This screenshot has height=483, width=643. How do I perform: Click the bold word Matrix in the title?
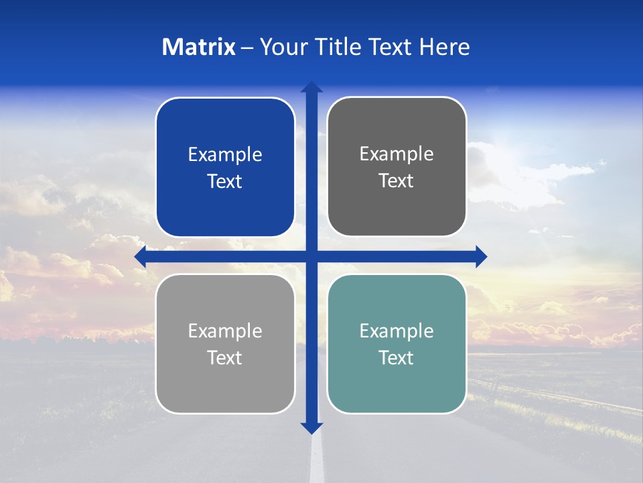pos(199,47)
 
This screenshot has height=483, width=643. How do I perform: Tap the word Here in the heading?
pos(445,47)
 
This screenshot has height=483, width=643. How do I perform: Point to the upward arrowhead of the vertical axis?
pos(311,87)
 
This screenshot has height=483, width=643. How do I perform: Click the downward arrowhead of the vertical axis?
pos(311,427)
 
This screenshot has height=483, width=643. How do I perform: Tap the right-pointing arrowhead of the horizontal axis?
pos(481,256)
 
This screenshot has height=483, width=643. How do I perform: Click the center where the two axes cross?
pos(311,256)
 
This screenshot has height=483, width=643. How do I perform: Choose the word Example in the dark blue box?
pos(225,155)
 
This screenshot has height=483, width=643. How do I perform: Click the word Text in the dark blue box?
pos(225,181)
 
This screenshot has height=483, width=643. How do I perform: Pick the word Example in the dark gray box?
pos(397,154)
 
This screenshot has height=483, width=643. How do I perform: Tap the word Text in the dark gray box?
pos(397,180)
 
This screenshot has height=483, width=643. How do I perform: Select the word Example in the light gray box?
pos(225,331)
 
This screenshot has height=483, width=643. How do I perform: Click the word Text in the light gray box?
pos(225,358)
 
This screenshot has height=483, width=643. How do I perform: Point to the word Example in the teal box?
pos(397,331)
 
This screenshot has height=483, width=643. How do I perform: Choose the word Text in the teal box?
pos(397,358)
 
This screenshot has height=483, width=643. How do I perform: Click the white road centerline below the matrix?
pos(317,460)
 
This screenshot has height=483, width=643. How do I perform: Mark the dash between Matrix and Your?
pos(247,48)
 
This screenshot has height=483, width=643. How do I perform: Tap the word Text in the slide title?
pos(390,47)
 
